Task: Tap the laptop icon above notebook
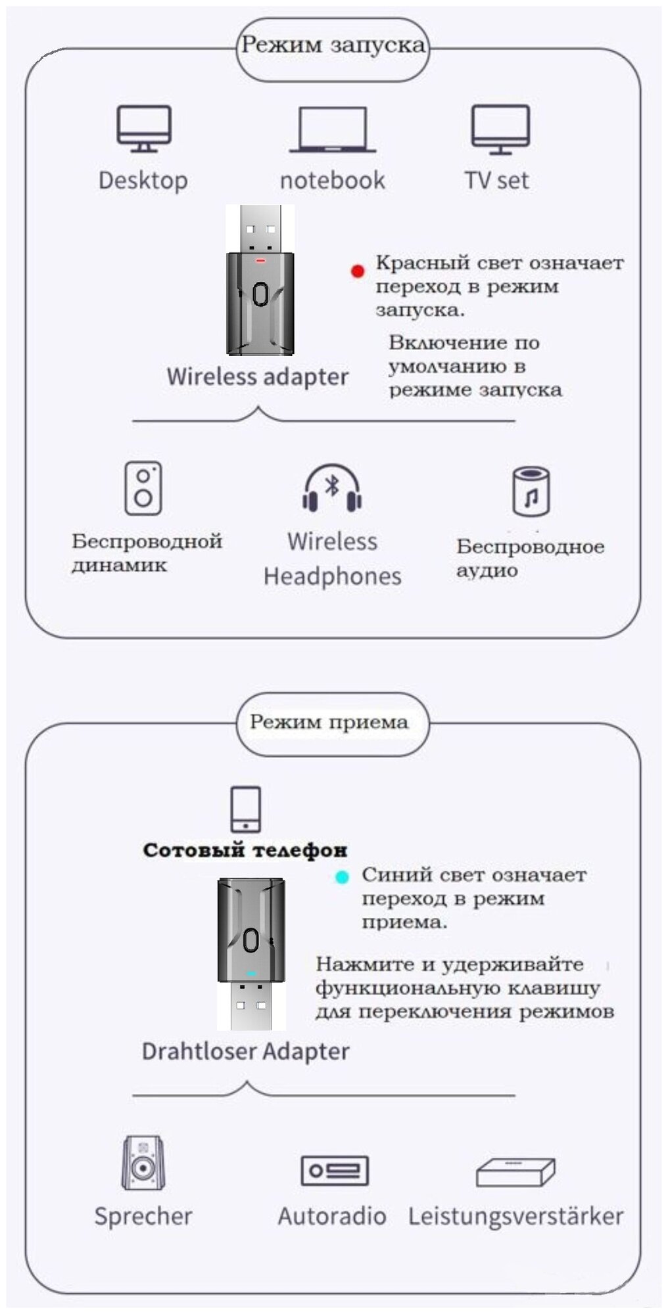(333, 129)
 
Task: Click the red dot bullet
(358, 271)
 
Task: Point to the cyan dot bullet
(342, 876)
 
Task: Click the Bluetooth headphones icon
(332, 489)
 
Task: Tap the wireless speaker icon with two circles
(143, 488)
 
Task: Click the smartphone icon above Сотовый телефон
(246, 809)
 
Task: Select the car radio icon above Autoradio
(334, 1170)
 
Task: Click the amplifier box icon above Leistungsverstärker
(515, 1172)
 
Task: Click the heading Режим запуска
(333, 46)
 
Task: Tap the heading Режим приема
(329, 722)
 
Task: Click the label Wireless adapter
(258, 376)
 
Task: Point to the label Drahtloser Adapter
(246, 1051)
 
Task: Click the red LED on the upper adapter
(260, 261)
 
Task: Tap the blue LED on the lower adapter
(251, 972)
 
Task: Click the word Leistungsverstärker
(515, 1216)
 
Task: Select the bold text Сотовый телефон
(245, 850)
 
